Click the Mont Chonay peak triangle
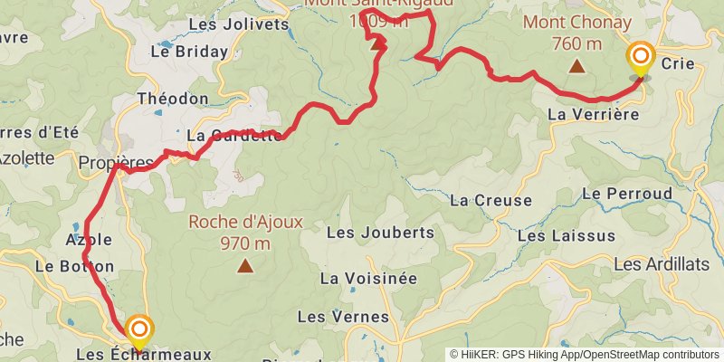click(576, 65)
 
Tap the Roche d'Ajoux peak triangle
click(244, 265)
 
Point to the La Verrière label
click(593, 114)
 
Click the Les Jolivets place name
click(240, 24)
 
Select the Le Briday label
click(190, 52)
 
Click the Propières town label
click(116, 163)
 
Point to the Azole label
click(89, 240)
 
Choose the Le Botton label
click(75, 266)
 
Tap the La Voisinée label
click(368, 278)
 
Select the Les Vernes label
click(343, 317)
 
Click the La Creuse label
click(484, 199)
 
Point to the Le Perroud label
click(627, 193)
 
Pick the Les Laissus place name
click(567, 235)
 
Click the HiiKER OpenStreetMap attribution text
click(585, 355)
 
